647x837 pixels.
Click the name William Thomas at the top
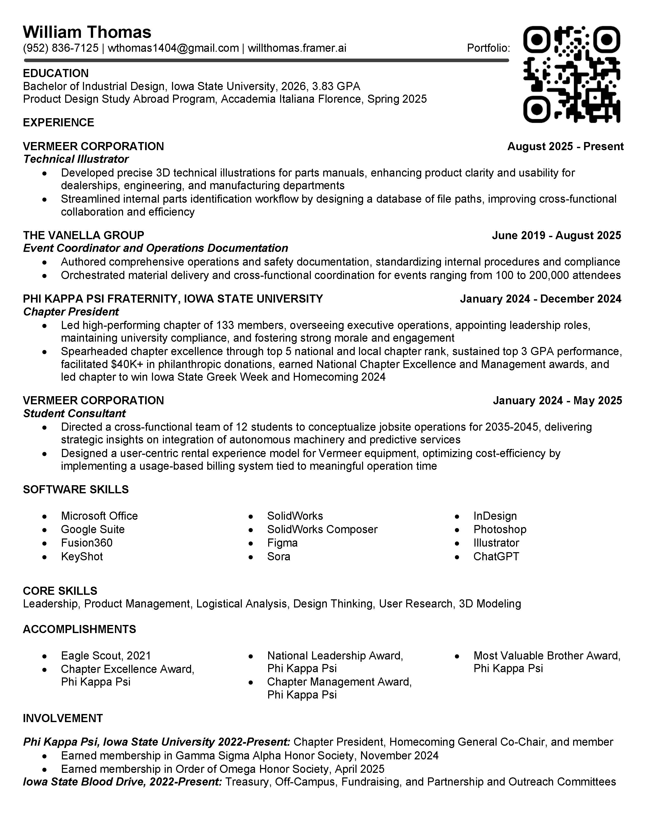pos(87,32)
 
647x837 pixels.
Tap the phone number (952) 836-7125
pos(61,48)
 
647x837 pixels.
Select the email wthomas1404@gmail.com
pos(173,48)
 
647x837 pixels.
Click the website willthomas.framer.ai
pos(297,48)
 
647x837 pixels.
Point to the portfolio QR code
pos(571,74)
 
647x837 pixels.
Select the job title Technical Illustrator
pos(76,159)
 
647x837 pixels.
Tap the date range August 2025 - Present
pos(565,146)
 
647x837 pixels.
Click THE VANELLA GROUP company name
pos(83,235)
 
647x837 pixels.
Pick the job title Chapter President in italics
pos(71,311)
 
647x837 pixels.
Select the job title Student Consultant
pos(74,413)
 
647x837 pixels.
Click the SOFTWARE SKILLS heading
pos(76,490)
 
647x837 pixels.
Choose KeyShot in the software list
pos(82,556)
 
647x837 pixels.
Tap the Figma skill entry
pos(282,543)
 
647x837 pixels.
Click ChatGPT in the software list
pos(496,556)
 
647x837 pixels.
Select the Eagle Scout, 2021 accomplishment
pos(106,656)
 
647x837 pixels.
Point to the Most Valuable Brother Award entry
pos(547,656)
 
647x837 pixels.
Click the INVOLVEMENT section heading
pos(63,718)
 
